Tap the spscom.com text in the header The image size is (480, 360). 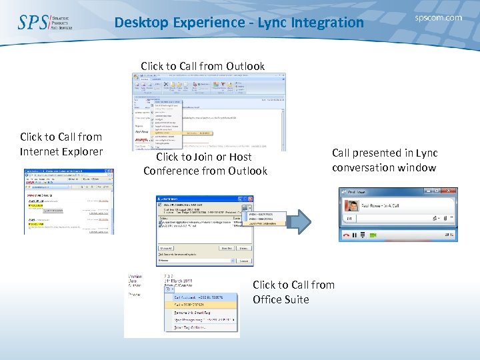click(438, 18)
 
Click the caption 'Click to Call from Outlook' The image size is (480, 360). click(203, 66)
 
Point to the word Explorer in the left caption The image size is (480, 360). click(81, 151)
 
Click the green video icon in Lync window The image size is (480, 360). click(373, 235)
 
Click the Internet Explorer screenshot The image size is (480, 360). click(69, 200)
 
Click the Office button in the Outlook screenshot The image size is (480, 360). click(137, 77)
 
